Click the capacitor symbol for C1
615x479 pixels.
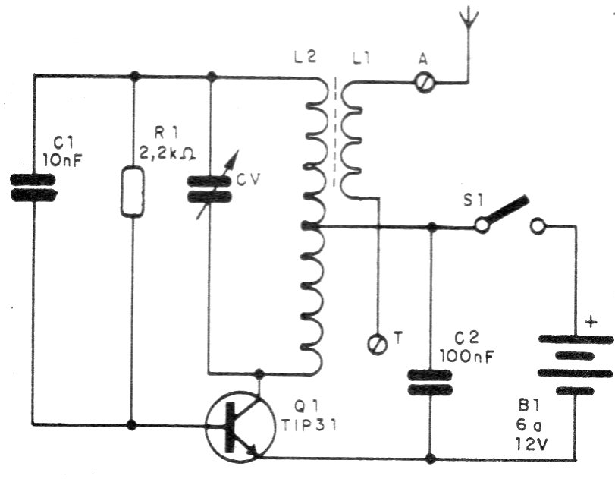pyautogui.click(x=33, y=187)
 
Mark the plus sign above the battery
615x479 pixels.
pyautogui.click(x=591, y=324)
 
